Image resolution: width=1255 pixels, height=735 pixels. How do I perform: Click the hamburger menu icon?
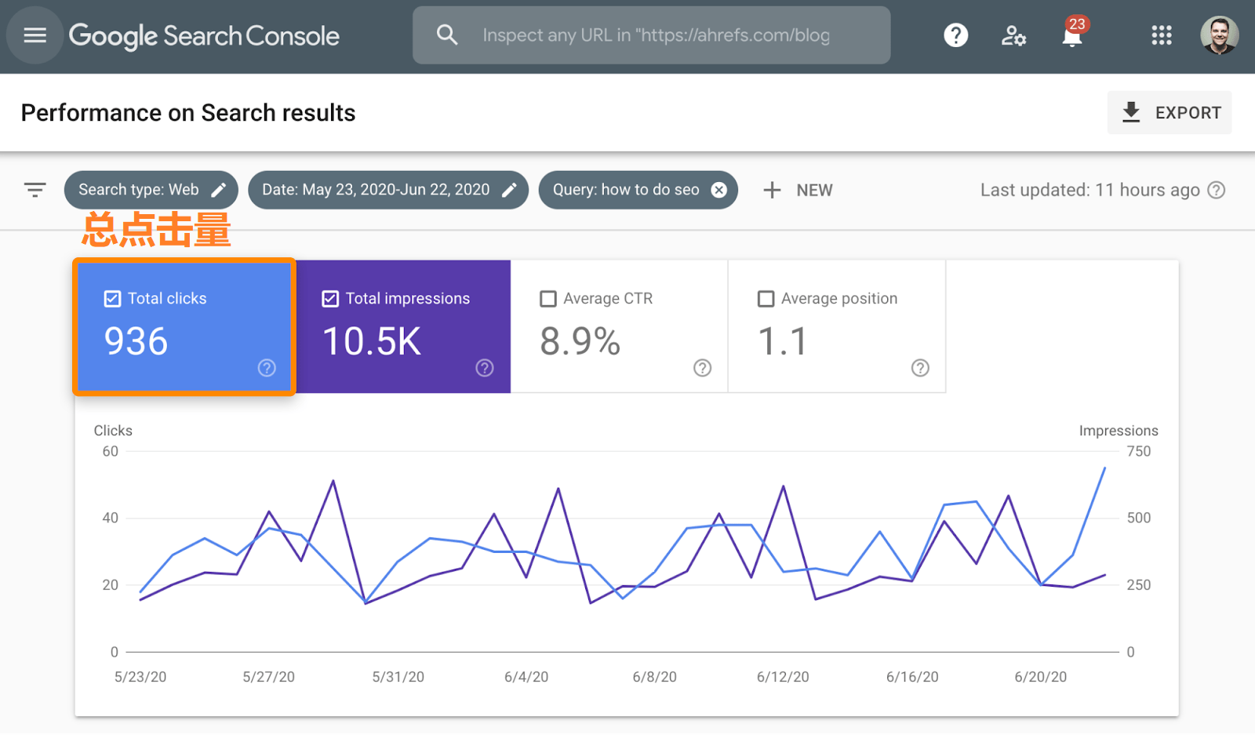coord(35,35)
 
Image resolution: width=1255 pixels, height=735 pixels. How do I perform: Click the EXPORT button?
coord(1170,113)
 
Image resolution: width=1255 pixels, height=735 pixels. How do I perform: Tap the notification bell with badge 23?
coord(1072,35)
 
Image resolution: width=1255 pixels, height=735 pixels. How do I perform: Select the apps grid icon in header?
coord(1161,35)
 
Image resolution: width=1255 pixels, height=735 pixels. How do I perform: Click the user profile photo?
coord(1219,35)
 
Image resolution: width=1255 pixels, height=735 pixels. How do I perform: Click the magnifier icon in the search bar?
coord(447,35)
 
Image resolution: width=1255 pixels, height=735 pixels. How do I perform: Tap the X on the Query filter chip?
coord(718,190)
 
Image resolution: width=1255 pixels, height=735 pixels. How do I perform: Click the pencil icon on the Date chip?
coord(509,190)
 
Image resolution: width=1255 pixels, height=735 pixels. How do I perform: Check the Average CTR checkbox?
coord(548,299)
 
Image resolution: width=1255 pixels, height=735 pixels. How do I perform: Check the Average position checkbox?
coord(766,299)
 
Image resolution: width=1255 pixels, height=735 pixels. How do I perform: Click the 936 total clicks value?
coord(136,341)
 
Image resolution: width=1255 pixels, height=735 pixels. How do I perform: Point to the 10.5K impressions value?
coord(372,341)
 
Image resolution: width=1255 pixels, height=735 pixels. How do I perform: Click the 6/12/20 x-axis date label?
coord(783,677)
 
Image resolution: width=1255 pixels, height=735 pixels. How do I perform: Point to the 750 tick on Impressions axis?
coord(1138,451)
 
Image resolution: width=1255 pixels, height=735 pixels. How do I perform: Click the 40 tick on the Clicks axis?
coord(111,518)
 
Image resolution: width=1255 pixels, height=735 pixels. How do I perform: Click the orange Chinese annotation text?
coord(156,231)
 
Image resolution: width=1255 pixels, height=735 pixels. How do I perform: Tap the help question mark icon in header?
coord(955,35)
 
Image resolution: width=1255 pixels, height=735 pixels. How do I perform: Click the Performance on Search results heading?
coord(188,113)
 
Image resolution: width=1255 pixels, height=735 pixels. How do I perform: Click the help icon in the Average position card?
coord(920,368)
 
